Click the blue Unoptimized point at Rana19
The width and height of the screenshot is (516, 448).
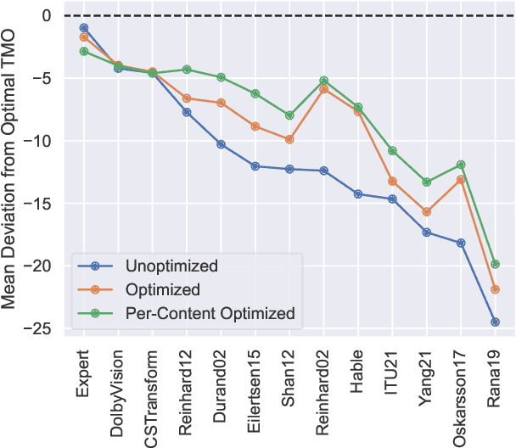[495, 322]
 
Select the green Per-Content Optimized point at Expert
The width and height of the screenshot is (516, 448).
[84, 52]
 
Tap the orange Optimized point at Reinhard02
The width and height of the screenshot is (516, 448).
[323, 89]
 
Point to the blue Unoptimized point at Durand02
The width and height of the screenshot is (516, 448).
[221, 144]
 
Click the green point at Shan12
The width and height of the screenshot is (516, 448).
[289, 115]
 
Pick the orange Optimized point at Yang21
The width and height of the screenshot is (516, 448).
[426, 212]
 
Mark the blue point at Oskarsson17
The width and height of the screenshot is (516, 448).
[461, 244]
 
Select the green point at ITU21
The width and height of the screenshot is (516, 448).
[392, 151]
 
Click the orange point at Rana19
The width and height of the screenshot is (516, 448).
[495, 289]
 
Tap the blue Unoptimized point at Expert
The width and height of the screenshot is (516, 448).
[84, 28]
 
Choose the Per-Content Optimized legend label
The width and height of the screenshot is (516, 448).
[210, 313]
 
